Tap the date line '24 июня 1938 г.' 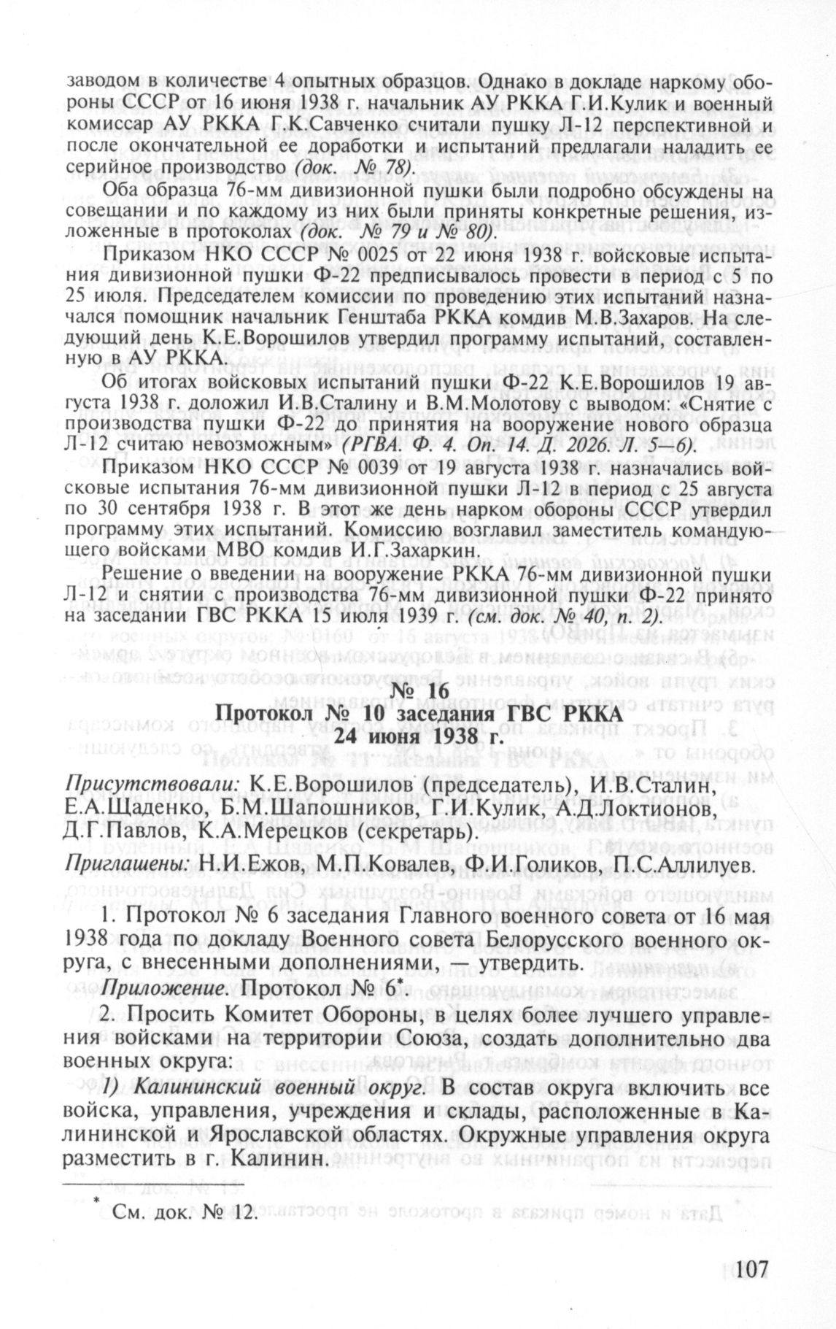(x=419, y=737)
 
